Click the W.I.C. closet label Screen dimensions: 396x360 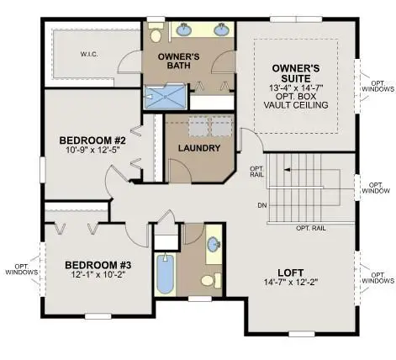click(x=89, y=55)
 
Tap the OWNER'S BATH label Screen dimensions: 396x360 click(x=179, y=61)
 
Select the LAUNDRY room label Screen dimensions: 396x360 click(x=199, y=148)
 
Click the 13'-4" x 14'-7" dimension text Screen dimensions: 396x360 click(x=296, y=87)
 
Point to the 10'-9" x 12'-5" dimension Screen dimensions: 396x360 click(x=92, y=150)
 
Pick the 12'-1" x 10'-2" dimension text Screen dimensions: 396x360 click(x=98, y=274)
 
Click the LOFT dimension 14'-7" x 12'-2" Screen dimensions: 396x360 click(x=290, y=282)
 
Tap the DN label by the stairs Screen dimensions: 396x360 click(x=262, y=205)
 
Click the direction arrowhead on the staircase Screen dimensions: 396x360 click(x=287, y=170)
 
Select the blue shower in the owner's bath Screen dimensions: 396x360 click(x=165, y=97)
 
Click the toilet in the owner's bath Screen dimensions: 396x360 click(x=155, y=33)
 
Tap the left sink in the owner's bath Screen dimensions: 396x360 click(x=183, y=29)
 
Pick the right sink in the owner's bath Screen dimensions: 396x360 click(x=220, y=29)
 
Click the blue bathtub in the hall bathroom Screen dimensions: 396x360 click(x=166, y=273)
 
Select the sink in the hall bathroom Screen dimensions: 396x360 click(x=214, y=243)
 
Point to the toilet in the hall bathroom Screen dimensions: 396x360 click(x=211, y=280)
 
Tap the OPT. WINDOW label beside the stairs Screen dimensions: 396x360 click(x=376, y=188)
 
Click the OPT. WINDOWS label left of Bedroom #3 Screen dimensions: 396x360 click(x=22, y=269)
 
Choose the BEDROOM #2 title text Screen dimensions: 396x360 click(x=92, y=140)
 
